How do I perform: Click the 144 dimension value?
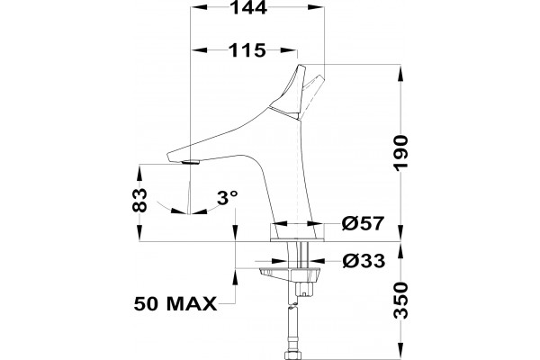(248, 7)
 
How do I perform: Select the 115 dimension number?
(247, 50)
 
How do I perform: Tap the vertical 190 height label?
(401, 153)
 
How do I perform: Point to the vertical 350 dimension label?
(401, 300)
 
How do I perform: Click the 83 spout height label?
(139, 200)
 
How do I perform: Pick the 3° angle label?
(228, 198)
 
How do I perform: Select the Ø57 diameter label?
(363, 223)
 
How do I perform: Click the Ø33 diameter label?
(364, 261)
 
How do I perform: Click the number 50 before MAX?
(148, 304)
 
